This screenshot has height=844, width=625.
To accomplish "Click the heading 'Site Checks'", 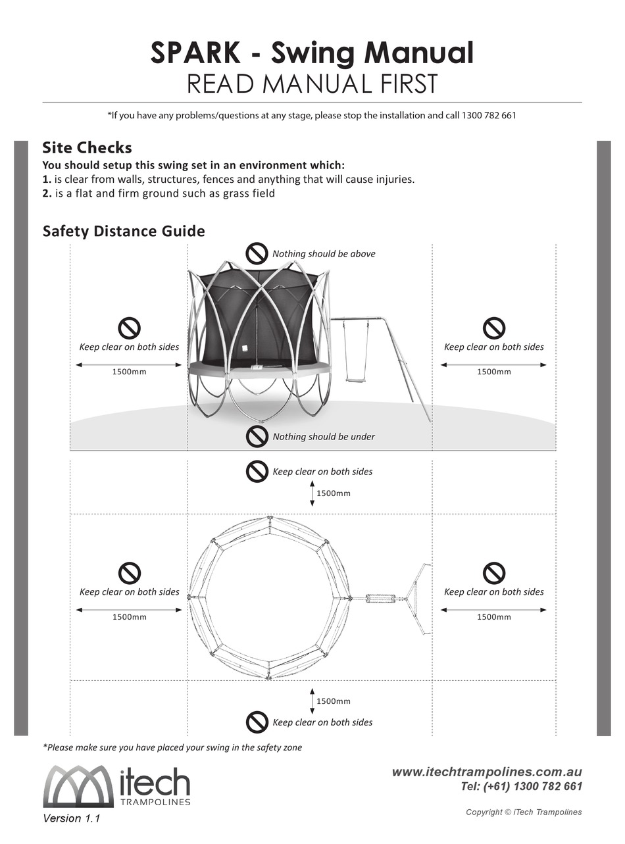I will point(87,147).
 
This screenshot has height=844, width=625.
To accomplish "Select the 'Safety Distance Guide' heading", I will point(124,232).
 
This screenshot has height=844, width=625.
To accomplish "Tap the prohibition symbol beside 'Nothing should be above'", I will point(257,253).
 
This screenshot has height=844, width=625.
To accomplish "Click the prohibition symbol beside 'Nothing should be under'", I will point(257,436).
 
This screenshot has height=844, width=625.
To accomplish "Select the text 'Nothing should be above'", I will point(324,254).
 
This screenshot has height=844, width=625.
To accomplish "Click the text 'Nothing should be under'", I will point(324,437).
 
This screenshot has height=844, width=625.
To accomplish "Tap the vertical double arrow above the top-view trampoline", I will point(312,493).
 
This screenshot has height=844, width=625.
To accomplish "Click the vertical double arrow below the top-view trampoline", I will point(312,701).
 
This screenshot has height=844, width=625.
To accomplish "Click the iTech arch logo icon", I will point(79,786).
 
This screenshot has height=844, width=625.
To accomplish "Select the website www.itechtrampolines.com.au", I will point(487,772).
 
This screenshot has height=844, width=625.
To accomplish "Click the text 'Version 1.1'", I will point(71,819).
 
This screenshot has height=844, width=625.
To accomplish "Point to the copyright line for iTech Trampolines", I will point(524,812).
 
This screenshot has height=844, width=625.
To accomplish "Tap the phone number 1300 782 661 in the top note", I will point(489,116).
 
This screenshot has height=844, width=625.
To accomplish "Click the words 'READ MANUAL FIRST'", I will point(312,85).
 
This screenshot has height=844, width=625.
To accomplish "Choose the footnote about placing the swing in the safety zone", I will point(172,747).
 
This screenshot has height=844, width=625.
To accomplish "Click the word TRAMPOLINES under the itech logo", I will point(156,802).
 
